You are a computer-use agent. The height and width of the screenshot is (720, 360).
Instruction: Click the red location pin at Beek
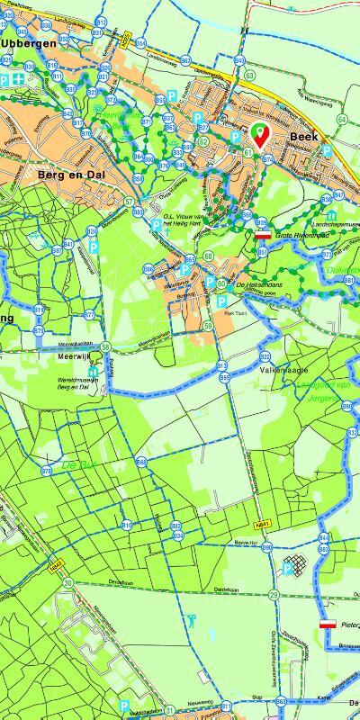point(259,134)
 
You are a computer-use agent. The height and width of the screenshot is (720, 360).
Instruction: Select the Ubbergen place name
point(28,42)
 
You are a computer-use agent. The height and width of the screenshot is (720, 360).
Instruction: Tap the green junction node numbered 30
point(67,583)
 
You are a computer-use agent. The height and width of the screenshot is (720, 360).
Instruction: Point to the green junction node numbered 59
point(208,325)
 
